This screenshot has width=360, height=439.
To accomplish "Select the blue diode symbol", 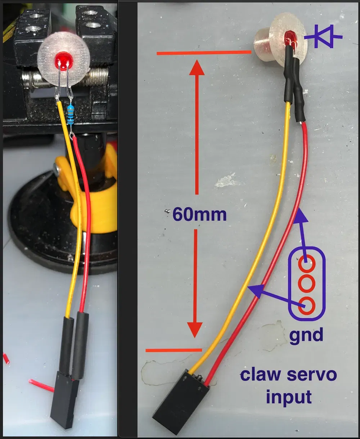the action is point(323,36).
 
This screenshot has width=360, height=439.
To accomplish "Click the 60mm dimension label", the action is point(199,215).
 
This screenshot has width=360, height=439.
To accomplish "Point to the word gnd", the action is point(306,335).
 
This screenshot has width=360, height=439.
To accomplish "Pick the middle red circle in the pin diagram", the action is point(307,284).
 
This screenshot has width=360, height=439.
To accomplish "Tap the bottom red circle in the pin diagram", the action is point(307,306).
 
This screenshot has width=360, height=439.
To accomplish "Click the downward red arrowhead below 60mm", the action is point(195,330).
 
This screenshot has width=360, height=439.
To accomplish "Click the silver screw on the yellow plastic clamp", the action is point(57,168).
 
